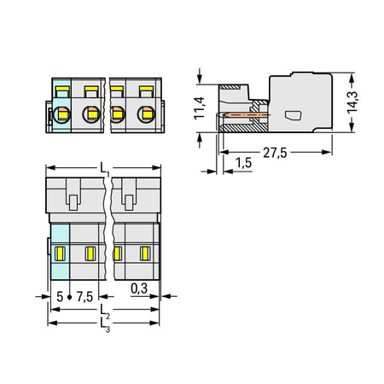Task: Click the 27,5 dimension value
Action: click(275, 153)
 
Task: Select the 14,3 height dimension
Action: click(352, 102)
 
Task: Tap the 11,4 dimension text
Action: click(199, 108)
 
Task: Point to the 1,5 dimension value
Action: click(244, 163)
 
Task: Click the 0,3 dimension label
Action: click(139, 288)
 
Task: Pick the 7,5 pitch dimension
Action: click(84, 297)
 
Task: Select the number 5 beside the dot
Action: click(60, 297)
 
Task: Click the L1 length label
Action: click(105, 169)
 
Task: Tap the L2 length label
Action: click(105, 311)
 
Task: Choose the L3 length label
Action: click(105, 325)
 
